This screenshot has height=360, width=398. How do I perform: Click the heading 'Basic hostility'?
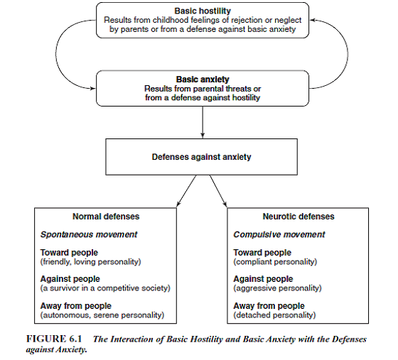(x=203, y=11)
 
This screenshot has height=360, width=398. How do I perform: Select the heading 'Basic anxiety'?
(x=203, y=80)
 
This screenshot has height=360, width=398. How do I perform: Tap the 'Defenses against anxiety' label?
(x=201, y=157)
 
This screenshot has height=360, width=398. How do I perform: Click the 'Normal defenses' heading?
(x=106, y=217)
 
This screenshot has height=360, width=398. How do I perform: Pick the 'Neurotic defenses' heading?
(x=298, y=217)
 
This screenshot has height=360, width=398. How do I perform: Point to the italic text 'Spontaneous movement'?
(x=89, y=234)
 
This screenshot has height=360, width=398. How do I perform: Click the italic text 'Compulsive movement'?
(x=279, y=234)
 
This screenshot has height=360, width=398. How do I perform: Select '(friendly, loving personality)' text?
(x=91, y=261)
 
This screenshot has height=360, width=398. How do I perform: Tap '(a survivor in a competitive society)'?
(x=105, y=288)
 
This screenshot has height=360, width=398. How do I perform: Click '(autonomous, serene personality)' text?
(x=102, y=315)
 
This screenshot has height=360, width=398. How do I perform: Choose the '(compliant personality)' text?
(x=275, y=261)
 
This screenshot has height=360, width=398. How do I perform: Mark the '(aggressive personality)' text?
(x=277, y=288)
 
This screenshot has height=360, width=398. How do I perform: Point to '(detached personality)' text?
(x=274, y=315)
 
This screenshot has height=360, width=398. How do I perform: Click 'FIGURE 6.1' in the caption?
(x=54, y=339)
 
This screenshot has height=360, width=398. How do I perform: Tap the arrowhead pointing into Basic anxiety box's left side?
(x=93, y=89)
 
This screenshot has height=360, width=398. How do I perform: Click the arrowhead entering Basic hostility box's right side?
(x=313, y=21)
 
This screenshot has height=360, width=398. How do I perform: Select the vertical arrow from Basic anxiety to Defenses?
(x=203, y=122)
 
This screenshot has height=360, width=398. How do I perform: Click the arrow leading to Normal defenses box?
(x=186, y=190)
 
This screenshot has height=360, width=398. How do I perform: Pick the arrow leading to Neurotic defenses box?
(x=218, y=190)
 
